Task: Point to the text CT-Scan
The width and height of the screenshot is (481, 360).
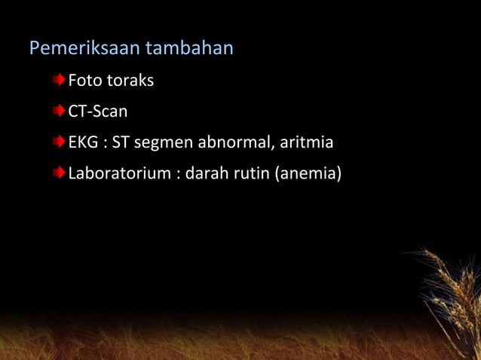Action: (x=98, y=111)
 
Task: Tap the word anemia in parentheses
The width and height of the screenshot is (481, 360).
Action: (x=308, y=174)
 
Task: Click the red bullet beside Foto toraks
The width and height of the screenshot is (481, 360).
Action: (x=59, y=80)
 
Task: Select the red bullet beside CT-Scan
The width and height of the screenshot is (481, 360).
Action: (x=59, y=111)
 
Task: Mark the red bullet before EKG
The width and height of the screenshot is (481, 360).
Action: (x=59, y=142)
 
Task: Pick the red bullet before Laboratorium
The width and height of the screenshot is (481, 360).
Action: (x=59, y=174)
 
